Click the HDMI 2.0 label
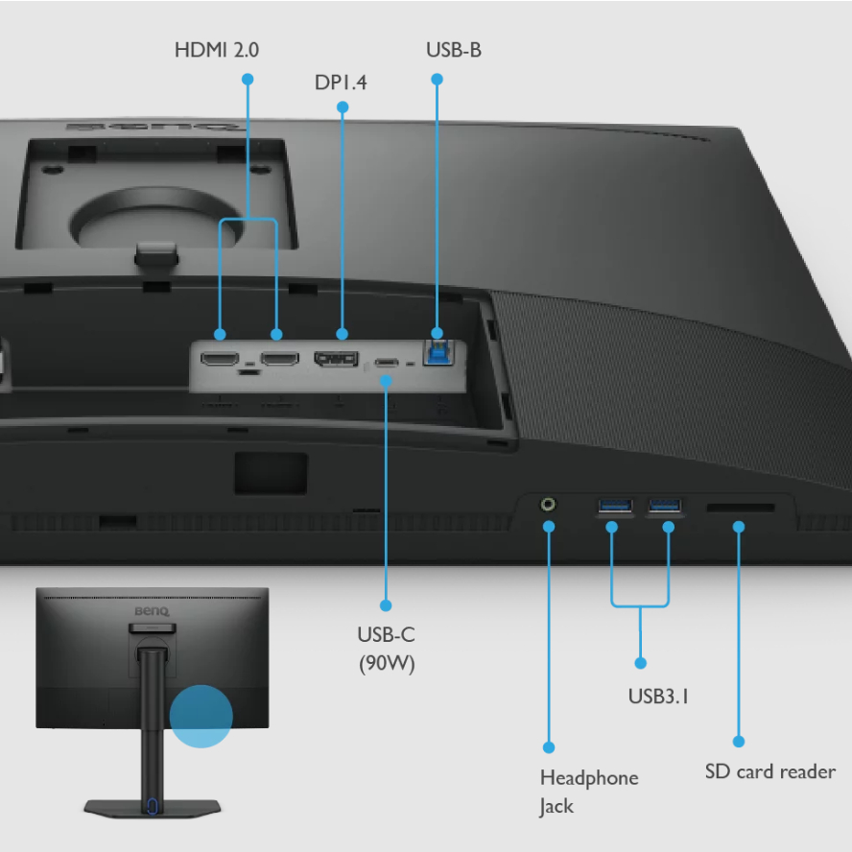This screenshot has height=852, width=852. click(216, 49)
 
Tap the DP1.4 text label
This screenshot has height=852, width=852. click(341, 83)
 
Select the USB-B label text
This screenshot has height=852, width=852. click(453, 49)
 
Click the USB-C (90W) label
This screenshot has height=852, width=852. click(386, 649)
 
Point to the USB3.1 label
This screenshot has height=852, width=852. click(658, 697)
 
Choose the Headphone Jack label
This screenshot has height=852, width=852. click(588, 792)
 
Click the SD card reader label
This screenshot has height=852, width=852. click(769, 771)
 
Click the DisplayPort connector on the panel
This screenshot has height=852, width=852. click(336, 361)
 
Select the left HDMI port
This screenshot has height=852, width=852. click(220, 360)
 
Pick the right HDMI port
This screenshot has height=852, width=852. click(280, 360)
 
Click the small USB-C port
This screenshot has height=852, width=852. click(387, 364)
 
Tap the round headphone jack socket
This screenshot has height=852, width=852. click(549, 503)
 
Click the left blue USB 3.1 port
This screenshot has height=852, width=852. click(614, 504)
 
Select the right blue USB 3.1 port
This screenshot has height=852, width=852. click(665, 504)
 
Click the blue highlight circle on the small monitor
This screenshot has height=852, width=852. click(201, 716)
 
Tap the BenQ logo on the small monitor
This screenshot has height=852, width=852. click(151, 611)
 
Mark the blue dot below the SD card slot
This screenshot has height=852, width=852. click(739, 527)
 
